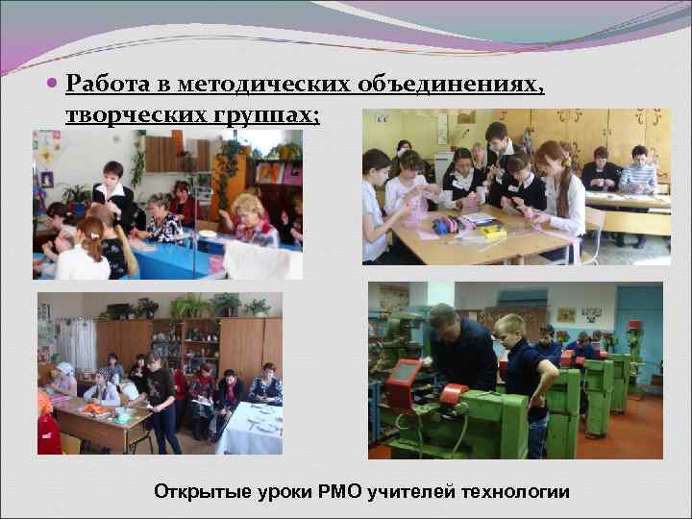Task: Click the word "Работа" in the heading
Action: pos(103,86)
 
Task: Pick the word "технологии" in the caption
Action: pos(516,492)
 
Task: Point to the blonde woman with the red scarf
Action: pos(253,219)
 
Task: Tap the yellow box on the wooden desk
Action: pos(492,233)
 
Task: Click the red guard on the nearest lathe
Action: pos(452,395)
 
